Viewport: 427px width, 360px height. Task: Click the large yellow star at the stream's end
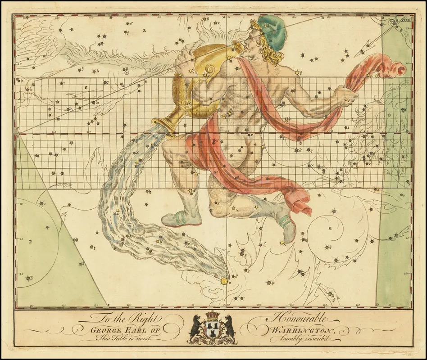[x=224, y=281]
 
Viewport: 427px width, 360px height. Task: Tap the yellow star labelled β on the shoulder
[x=297, y=72]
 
